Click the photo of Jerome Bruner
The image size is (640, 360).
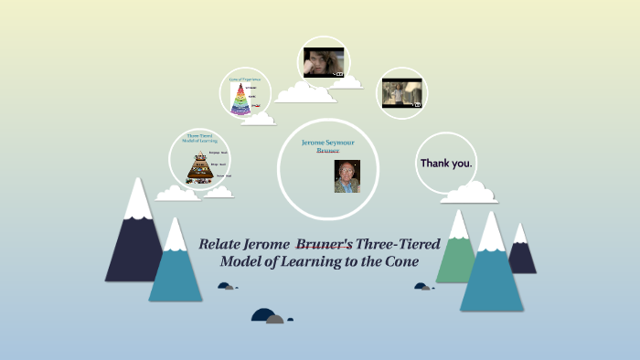[347, 176]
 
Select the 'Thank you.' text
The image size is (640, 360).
[446, 163]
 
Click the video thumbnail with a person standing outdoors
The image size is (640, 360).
[402, 93]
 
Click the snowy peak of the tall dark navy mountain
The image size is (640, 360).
[137, 200]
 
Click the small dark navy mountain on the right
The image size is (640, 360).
[521, 251]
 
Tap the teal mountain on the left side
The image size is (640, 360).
[175, 270]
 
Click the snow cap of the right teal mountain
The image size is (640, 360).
[491, 233]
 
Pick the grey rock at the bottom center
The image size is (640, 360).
[274, 319]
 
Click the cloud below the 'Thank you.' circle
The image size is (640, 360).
[469, 193]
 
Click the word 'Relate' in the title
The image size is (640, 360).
[223, 244]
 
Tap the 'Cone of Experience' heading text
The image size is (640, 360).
[245, 80]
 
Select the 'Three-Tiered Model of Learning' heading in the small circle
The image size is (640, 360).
[198, 139]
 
